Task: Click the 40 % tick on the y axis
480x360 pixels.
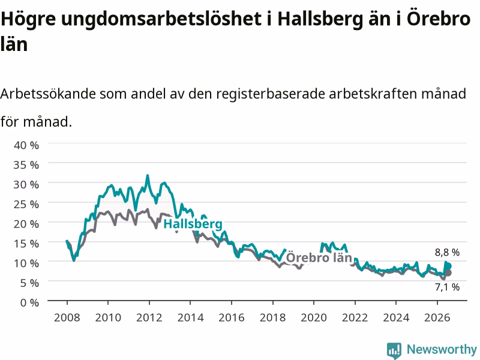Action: pyautogui.click(x=26, y=145)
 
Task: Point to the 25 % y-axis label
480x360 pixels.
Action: pyautogui.click(x=26, y=204)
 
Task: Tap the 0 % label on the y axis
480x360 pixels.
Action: pyautogui.click(x=29, y=303)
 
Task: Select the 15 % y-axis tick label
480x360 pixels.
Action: pyautogui.click(x=26, y=244)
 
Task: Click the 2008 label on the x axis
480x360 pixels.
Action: pyautogui.click(x=67, y=317)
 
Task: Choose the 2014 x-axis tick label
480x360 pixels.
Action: pyautogui.click(x=190, y=317)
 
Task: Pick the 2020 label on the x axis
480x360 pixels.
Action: pyautogui.click(x=314, y=317)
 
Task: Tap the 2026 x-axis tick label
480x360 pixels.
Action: pyautogui.click(x=437, y=317)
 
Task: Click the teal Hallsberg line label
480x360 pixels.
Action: pyautogui.click(x=193, y=224)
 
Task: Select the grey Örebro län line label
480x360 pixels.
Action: pyautogui.click(x=319, y=257)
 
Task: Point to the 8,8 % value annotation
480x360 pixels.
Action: pyautogui.click(x=447, y=252)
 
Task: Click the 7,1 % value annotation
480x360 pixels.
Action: pyautogui.click(x=447, y=287)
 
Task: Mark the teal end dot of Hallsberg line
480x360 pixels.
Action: pyautogui.click(x=448, y=266)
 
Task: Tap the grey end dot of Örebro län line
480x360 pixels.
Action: pyautogui.click(x=448, y=273)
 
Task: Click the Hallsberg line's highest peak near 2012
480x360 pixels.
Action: pyautogui.click(x=148, y=175)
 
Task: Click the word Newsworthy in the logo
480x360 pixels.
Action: pyautogui.click(x=442, y=349)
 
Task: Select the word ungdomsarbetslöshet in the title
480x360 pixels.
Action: pyautogui.click(x=161, y=19)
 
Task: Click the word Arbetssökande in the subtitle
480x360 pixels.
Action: pyautogui.click(x=48, y=94)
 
